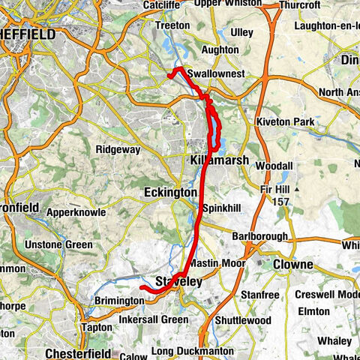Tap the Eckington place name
click(x=170, y=193)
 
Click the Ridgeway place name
click(x=118, y=149)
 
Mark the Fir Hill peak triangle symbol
click(x=298, y=190)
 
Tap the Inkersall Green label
click(x=153, y=320)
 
